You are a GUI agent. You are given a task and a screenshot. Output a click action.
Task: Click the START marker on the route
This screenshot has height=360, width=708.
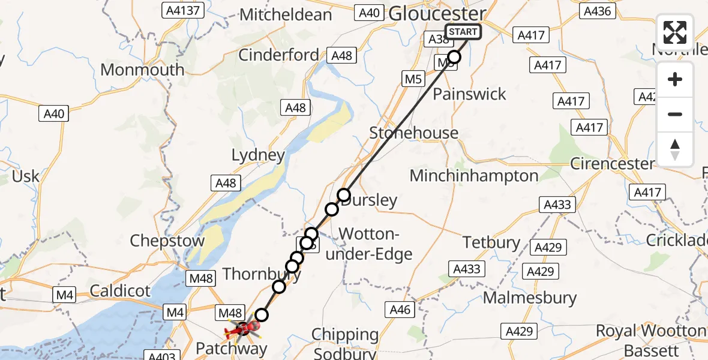click(x=462, y=32)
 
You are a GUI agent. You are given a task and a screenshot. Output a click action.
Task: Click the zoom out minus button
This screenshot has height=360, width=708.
click(x=675, y=115)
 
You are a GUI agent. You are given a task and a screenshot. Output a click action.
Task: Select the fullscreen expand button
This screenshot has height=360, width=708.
click(x=675, y=32)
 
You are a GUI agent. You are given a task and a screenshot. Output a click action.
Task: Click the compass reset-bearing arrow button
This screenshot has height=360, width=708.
click(x=675, y=149)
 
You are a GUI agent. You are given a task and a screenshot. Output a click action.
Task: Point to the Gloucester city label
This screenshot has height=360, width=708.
click(x=437, y=13)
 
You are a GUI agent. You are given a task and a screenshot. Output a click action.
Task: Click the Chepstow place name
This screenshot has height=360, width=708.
click(x=167, y=241)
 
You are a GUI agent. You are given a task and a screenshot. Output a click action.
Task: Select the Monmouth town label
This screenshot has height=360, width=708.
click(x=142, y=70)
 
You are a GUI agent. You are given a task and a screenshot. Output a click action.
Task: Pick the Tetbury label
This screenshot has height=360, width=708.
click(x=491, y=242)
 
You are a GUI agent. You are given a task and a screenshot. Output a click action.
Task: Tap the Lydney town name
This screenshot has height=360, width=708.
click(x=258, y=155)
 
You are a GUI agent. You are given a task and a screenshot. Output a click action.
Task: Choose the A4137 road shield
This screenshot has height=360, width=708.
click(x=183, y=10)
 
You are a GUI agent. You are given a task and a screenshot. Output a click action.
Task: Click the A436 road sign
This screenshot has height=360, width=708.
click(x=597, y=11)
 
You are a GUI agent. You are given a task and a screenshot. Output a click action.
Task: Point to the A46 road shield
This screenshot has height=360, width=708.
click(x=400, y=310)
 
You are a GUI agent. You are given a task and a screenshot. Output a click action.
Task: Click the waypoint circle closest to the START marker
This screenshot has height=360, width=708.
click(x=454, y=57)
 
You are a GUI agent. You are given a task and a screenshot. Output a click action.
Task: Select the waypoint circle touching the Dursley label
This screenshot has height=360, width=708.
click(x=344, y=195)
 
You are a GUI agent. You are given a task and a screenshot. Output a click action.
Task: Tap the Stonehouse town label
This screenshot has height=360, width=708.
click(x=413, y=133)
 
